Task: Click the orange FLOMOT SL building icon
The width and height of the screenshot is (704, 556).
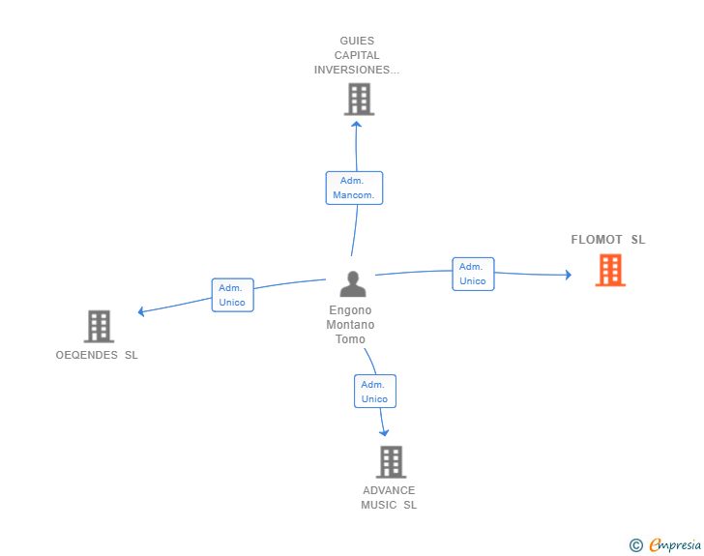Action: (610, 271)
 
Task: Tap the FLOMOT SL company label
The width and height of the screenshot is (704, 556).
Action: (607, 240)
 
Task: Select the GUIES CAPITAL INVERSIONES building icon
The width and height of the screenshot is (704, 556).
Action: (359, 99)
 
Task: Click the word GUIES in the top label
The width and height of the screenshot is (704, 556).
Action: (357, 41)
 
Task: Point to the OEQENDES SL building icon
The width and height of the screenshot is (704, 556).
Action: (99, 327)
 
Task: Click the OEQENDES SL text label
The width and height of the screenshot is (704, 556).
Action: (97, 355)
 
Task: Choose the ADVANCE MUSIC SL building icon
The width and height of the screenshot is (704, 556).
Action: (391, 462)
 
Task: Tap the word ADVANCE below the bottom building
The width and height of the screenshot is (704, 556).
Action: (389, 490)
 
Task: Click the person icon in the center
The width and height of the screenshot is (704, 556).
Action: (353, 284)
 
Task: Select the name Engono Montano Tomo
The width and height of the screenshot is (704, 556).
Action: (350, 325)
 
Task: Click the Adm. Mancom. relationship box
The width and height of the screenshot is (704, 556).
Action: (354, 188)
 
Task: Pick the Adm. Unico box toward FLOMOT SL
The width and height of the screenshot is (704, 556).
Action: (473, 274)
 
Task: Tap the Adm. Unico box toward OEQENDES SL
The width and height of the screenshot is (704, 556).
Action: (232, 295)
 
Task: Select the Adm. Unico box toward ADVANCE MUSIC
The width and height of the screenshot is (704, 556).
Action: (374, 392)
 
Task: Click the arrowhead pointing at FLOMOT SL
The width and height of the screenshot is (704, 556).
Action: (568, 276)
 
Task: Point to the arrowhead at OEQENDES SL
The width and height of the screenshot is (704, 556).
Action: (141, 311)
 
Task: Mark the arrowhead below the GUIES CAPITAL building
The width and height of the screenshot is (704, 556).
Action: (357, 124)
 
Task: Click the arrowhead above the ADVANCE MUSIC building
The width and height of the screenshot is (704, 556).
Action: (385, 432)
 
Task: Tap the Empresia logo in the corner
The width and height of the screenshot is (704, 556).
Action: (675, 545)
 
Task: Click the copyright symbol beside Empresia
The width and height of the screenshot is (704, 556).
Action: (636, 545)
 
